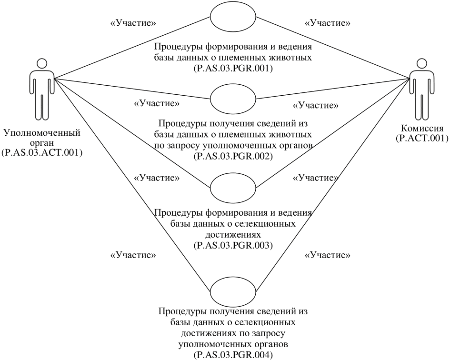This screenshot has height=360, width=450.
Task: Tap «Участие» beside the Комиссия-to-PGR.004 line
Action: (328, 255)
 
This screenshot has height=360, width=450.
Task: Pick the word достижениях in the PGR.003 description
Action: (233, 235)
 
